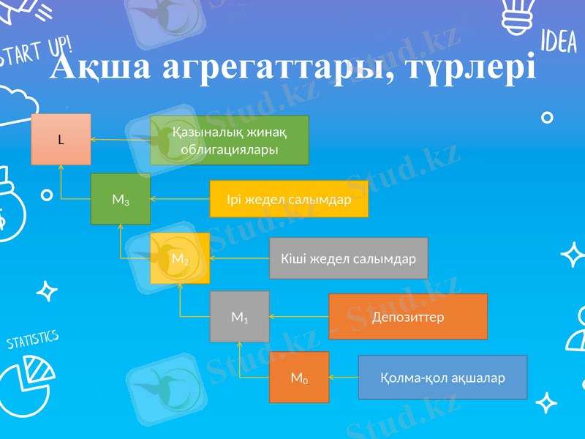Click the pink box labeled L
coord(61,139)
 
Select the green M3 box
coord(121,198)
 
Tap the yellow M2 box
coord(180,258)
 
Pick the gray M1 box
coord(239,317)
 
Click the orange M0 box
coord(298,378)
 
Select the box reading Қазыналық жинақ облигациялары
coord(230,140)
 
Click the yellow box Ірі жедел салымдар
coord(289,199)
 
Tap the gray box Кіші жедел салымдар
coord(348,258)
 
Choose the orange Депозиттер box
coord(408,317)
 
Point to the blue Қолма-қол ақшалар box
coord(442,378)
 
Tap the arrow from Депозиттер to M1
coord(299,317)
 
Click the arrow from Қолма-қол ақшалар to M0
coord(344,378)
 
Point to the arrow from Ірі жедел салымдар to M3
coord(180,199)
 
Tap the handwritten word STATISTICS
coord(32,340)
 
